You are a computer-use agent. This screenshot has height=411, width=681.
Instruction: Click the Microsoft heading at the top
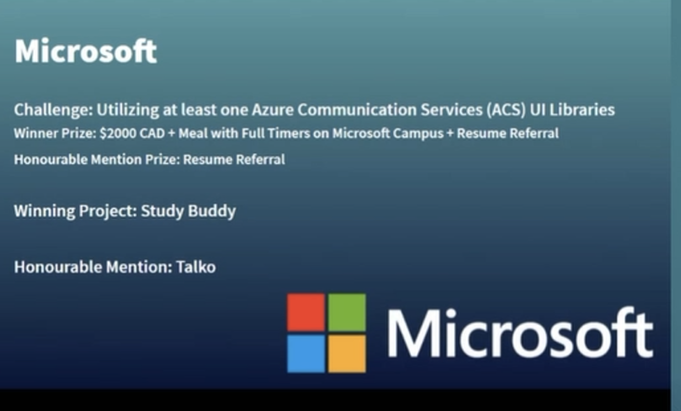pyautogui.click(x=86, y=51)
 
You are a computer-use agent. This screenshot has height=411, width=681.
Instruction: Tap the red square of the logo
pyautogui.click(x=306, y=312)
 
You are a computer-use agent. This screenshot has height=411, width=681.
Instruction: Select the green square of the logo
pyautogui.click(x=347, y=312)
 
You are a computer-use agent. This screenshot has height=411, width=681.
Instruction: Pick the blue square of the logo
pyautogui.click(x=306, y=353)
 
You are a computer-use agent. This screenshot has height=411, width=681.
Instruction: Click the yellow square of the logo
pyautogui.click(x=347, y=353)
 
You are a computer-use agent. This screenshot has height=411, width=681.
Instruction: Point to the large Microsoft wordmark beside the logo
pyautogui.click(x=520, y=333)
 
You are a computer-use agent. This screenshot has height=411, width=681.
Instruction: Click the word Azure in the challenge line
pyautogui.click(x=273, y=110)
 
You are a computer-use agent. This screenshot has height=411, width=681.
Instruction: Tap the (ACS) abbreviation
pyautogui.click(x=506, y=110)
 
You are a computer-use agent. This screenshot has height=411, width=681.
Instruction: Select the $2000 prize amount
pyautogui.click(x=118, y=133)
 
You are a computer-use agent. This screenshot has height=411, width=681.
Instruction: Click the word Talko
pyautogui.click(x=196, y=267)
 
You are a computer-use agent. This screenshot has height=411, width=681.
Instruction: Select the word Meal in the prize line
pyautogui.click(x=193, y=133)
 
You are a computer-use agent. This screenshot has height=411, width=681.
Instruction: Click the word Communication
pyautogui.click(x=357, y=110)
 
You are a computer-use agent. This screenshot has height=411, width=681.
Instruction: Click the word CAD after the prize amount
pyautogui.click(x=152, y=133)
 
